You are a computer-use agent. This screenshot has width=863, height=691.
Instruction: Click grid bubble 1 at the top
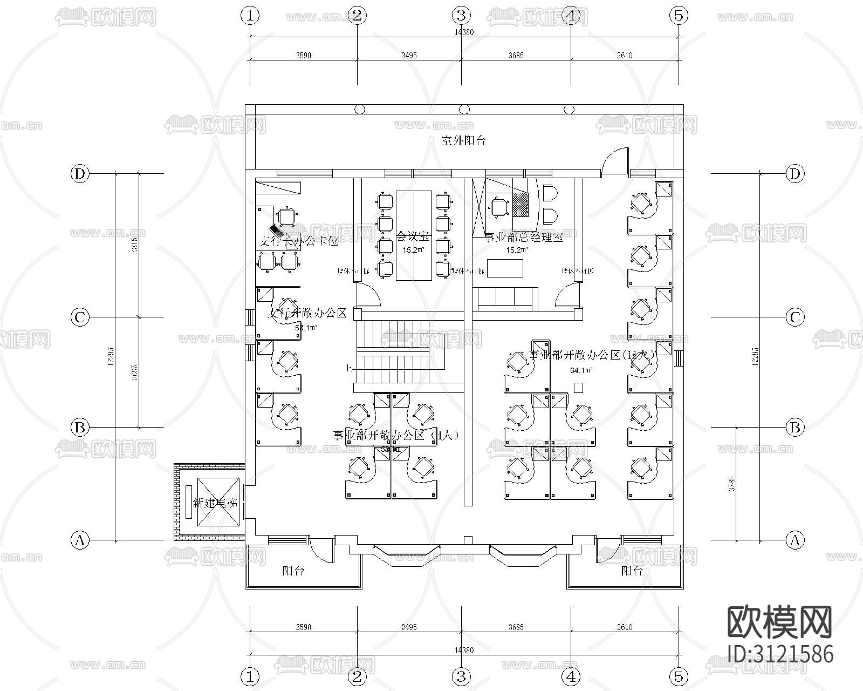[x=250, y=15]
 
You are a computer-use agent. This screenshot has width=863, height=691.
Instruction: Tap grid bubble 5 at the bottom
[x=679, y=676]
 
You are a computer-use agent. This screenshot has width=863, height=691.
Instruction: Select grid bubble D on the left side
[x=80, y=174]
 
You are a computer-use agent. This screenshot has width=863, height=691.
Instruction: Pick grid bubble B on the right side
[x=794, y=428]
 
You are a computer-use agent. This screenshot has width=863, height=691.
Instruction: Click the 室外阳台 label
[x=463, y=141]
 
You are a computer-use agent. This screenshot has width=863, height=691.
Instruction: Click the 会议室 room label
[x=413, y=236]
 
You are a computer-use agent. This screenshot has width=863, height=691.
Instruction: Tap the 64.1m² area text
[x=580, y=370]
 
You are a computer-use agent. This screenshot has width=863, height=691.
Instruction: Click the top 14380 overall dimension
[x=464, y=32]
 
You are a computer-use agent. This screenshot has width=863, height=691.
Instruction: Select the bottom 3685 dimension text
[x=516, y=627]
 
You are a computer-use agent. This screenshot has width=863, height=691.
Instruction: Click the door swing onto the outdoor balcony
[x=614, y=161]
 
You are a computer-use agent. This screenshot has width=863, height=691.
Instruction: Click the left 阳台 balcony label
[x=293, y=571]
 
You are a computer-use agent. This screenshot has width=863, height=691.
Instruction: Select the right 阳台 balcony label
[x=632, y=571]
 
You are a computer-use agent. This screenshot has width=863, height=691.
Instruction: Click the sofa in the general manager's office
[x=506, y=298]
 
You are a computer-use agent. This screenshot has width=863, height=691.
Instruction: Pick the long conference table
[x=414, y=235]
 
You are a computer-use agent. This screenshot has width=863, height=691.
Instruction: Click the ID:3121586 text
[x=780, y=654]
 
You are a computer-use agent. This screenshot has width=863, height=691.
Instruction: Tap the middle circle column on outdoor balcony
[x=464, y=110]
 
